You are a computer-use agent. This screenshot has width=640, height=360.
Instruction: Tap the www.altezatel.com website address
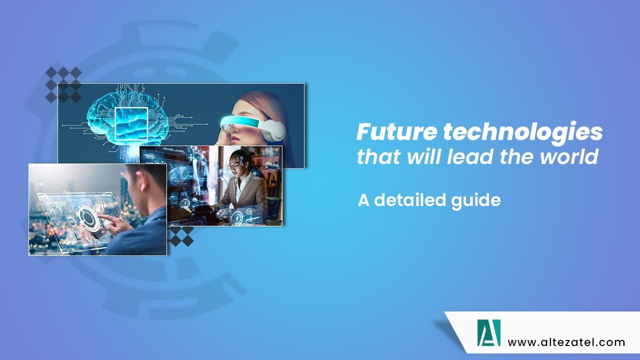(566, 342)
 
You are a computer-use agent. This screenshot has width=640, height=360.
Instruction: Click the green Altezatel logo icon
(488, 332)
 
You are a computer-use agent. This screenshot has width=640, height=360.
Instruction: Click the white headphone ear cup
(275, 130)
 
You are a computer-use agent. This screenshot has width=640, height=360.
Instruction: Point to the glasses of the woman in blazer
(235, 165)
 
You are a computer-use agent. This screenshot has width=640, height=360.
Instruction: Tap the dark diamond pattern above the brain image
(63, 84)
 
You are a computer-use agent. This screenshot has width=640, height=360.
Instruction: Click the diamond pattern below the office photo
(180, 236)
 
